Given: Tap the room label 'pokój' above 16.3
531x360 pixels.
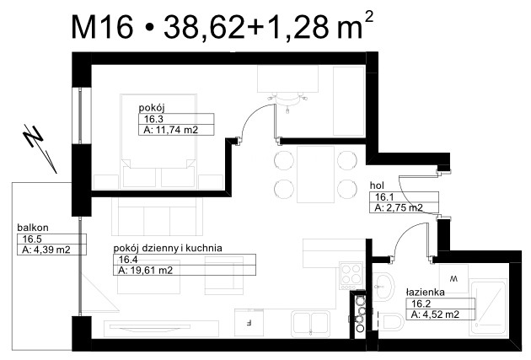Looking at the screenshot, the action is [152, 109].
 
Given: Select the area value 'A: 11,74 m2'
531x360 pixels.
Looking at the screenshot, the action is [171, 130].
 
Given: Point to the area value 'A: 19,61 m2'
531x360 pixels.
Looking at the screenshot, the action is [146, 271].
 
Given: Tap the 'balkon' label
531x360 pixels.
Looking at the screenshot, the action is [33, 228].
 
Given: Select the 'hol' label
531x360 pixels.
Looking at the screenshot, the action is [377, 185].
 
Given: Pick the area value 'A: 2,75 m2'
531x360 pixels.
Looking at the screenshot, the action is [399, 207].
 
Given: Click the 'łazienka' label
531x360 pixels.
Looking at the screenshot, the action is [426, 292].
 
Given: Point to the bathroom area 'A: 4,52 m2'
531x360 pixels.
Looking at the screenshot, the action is [435, 314].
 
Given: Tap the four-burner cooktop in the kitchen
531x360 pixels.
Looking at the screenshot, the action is [351, 276].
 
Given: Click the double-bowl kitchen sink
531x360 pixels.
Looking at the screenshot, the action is [310, 323].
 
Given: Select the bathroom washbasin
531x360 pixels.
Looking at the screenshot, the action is [384, 286].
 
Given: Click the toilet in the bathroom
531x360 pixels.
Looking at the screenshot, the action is [390, 322].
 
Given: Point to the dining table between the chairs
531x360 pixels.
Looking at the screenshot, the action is [315, 174].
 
